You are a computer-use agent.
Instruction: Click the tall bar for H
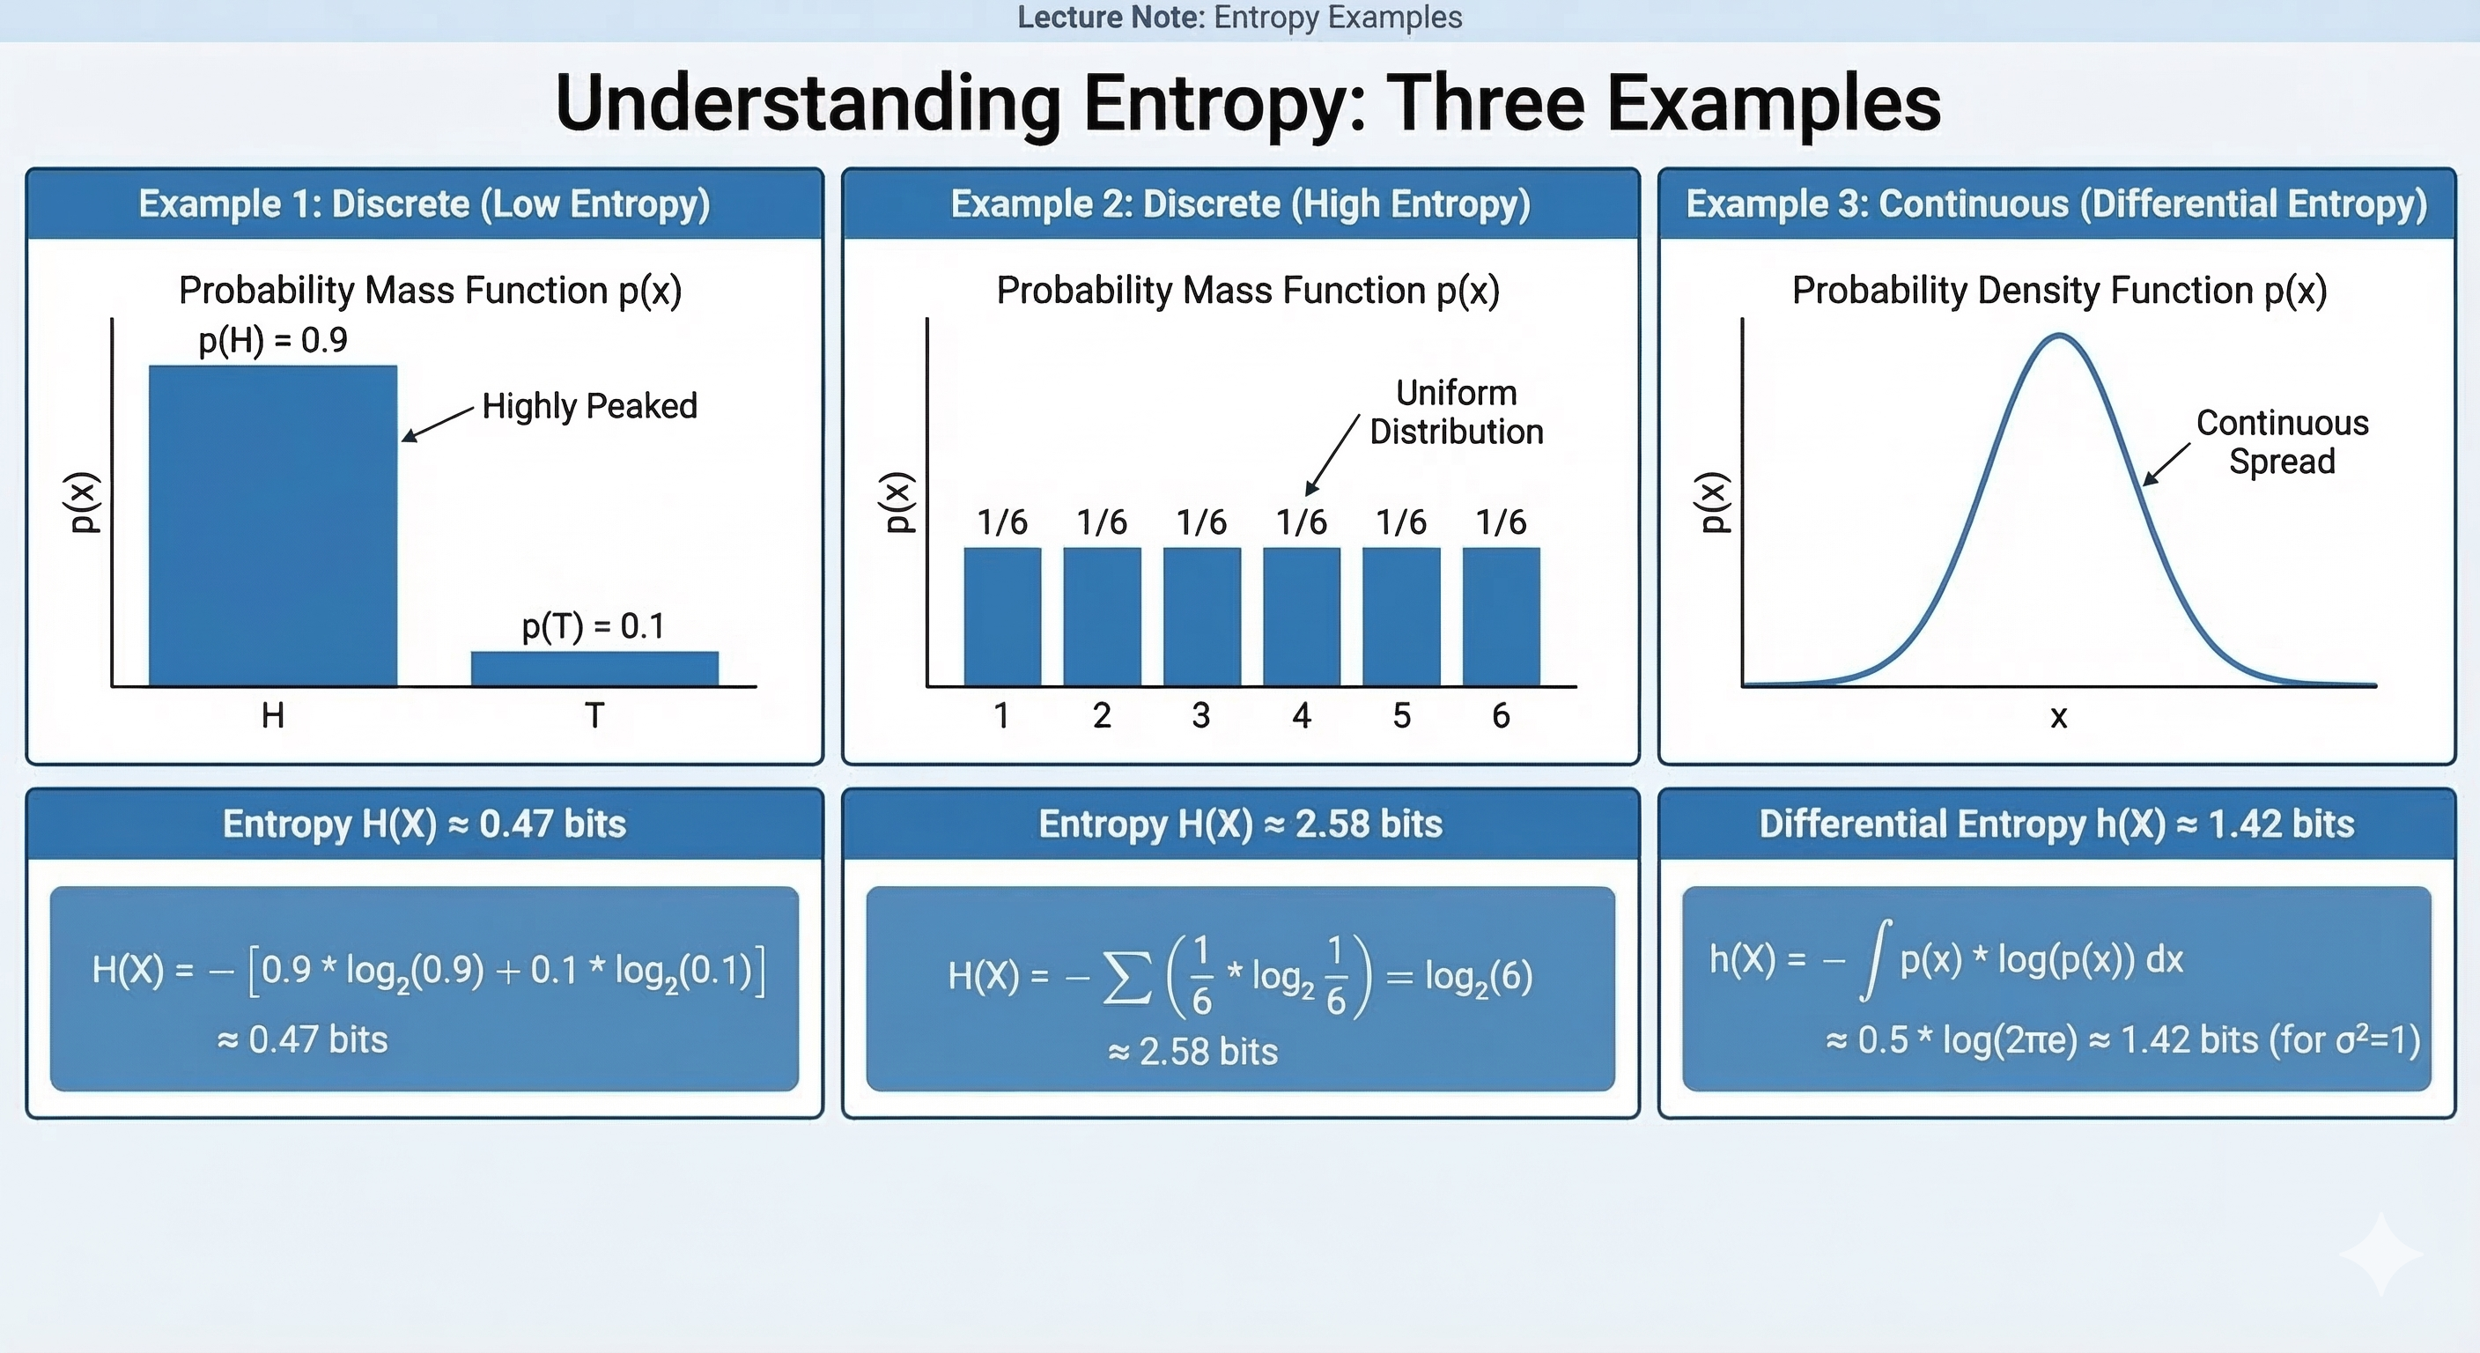[272, 525]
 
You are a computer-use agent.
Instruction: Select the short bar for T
[594, 669]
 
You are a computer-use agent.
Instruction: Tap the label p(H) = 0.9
[272, 340]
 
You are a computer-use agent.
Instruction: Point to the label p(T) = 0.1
[593, 626]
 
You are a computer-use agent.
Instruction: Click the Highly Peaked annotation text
[589, 406]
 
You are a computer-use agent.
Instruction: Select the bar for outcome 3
[1201, 617]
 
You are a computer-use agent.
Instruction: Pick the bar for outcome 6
[1501, 617]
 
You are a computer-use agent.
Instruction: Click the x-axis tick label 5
[1402, 715]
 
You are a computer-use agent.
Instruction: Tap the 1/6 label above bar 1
[1002, 522]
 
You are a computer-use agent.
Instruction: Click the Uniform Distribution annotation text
[1456, 412]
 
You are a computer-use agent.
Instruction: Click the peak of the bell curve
[2059, 336]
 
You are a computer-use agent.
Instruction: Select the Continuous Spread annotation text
[2282, 442]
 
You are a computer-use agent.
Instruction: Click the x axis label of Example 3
[2058, 716]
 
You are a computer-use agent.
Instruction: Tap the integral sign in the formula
[1875, 959]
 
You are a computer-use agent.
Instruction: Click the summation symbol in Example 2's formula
[1126, 978]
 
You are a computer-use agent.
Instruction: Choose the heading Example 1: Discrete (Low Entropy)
[424, 204]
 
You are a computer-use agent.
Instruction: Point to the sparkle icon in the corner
[2380, 1253]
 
